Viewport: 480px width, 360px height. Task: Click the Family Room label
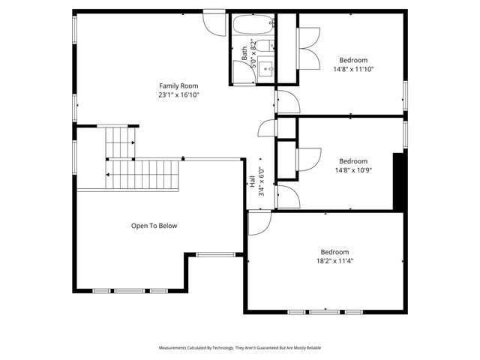tap(178, 85)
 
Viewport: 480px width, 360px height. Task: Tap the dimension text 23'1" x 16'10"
tap(178, 95)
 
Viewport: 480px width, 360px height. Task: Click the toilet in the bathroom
tap(243, 72)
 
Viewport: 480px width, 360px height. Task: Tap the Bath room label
tap(244, 53)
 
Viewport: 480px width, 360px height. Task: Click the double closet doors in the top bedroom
tap(307, 49)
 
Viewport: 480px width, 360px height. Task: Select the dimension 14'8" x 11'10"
tap(353, 69)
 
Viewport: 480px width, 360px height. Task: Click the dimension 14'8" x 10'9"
tap(353, 169)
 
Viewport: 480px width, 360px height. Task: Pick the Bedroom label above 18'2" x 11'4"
tap(334, 252)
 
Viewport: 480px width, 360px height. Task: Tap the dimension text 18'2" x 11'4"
tap(334, 261)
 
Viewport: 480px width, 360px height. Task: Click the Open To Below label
tap(154, 226)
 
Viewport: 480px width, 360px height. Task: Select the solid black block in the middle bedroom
tap(399, 182)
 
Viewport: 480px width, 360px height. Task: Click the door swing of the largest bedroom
tap(259, 223)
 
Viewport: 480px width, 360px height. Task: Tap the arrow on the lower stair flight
tap(110, 175)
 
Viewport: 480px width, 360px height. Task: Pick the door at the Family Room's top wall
tap(214, 20)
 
